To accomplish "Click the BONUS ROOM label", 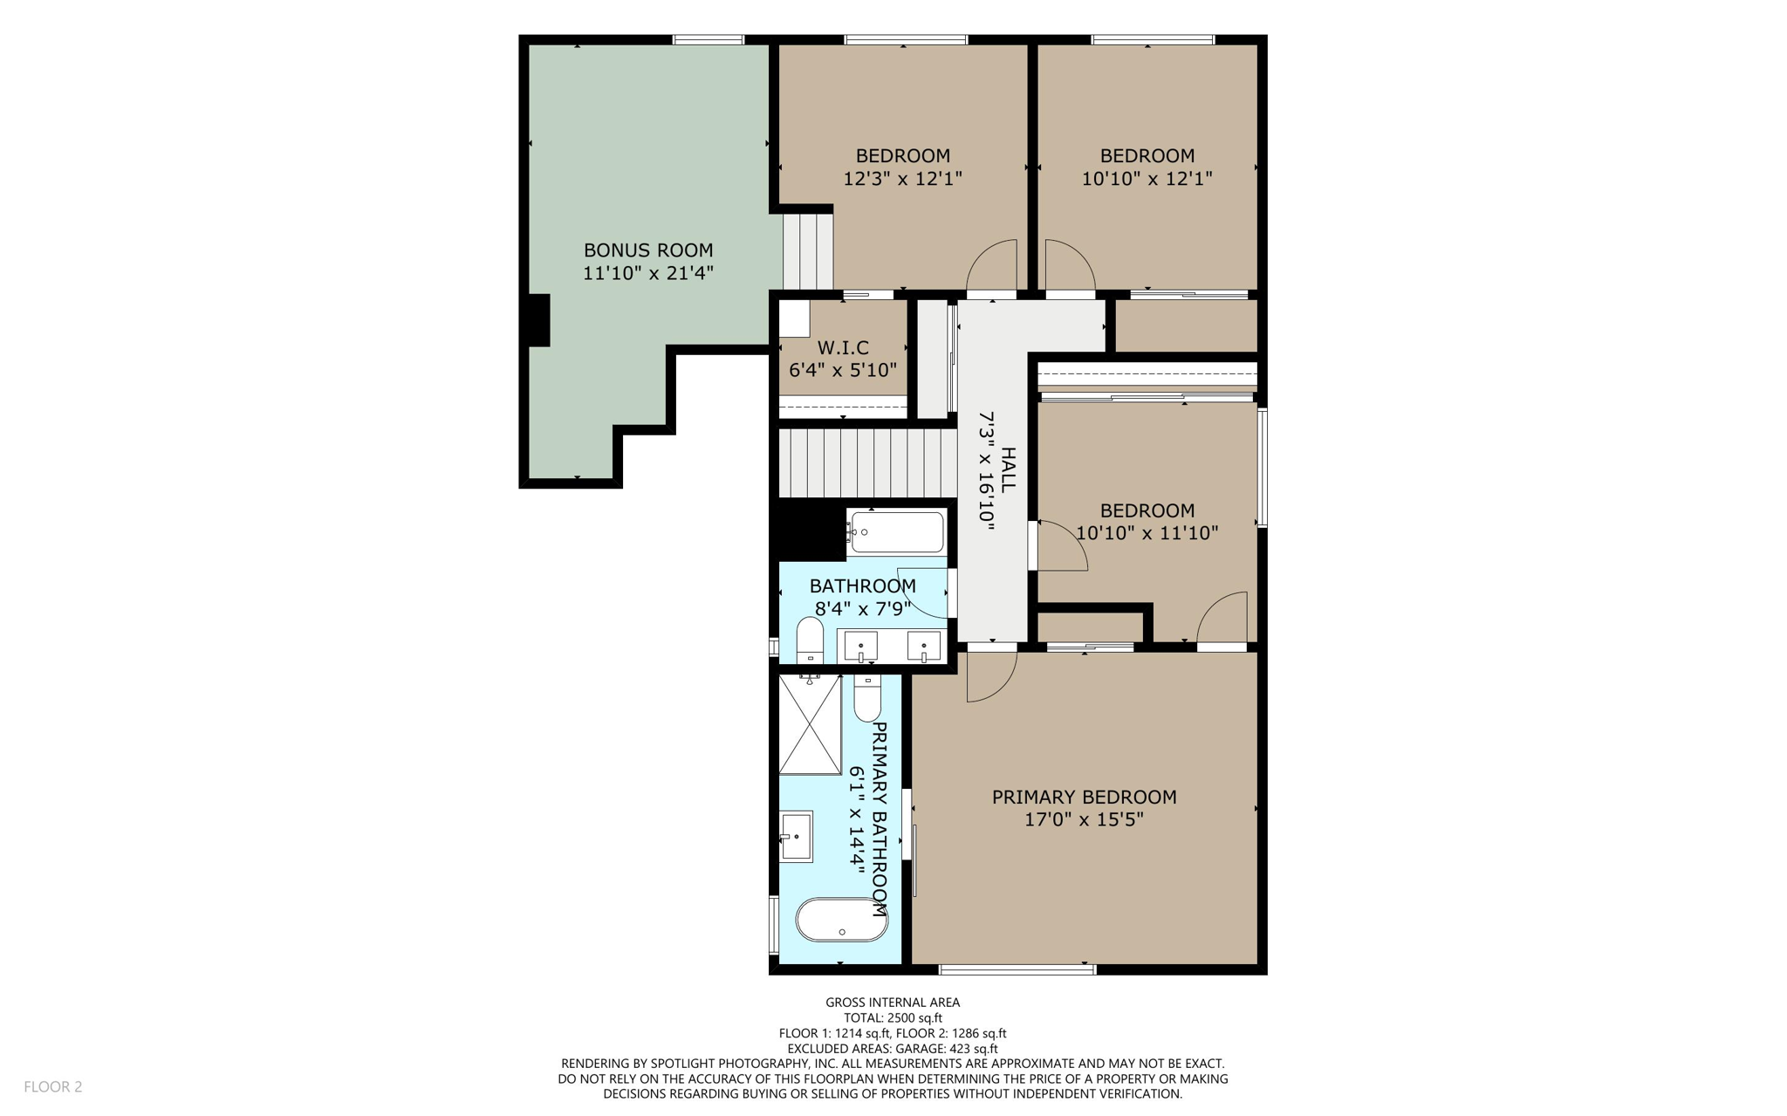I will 647,250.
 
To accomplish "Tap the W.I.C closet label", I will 842,347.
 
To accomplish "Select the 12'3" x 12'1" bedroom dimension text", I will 902,179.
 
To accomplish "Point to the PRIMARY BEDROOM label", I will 1084,797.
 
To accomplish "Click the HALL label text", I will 1008,470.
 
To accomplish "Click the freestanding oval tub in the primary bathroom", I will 841,920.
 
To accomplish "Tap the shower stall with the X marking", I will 810,724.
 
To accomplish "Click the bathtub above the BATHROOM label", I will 897,531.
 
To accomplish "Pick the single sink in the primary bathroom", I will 797,836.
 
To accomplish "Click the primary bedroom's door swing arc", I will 990,677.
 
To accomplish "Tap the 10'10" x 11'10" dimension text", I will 1147,533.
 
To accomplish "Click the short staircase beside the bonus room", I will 808,250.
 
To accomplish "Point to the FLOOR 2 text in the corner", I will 53,1086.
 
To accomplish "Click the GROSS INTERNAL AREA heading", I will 893,1003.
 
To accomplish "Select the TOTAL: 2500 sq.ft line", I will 893,1017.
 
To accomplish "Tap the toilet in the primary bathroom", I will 867,698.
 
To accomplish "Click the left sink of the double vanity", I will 860,647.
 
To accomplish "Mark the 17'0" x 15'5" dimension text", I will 1084,819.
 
